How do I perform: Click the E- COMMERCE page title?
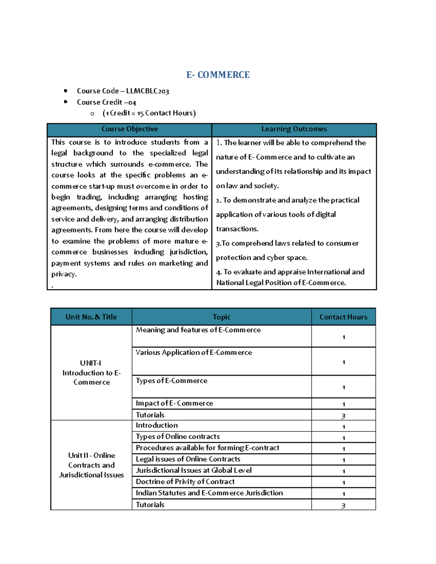[x=218, y=75]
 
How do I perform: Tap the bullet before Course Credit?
[x=66, y=102]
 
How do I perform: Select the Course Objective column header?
[x=129, y=129]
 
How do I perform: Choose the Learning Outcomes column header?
[x=294, y=129]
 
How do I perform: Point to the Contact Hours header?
[x=343, y=317]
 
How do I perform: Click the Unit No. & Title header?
[x=91, y=317]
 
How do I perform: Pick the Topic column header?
[x=222, y=317]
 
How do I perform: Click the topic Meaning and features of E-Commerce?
[x=198, y=330]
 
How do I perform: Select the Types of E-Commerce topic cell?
[x=171, y=381]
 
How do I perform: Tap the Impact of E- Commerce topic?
[x=174, y=403]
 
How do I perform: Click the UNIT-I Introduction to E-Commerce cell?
[x=92, y=373]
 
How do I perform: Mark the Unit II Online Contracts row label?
[x=92, y=465]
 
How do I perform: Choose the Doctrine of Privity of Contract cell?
[x=185, y=482]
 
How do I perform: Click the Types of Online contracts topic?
[x=178, y=437]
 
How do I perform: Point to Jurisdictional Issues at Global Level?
[x=194, y=470]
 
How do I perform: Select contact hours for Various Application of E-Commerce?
[x=343, y=362]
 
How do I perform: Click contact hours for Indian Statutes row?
[x=343, y=494]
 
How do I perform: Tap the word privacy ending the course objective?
[x=64, y=274]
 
